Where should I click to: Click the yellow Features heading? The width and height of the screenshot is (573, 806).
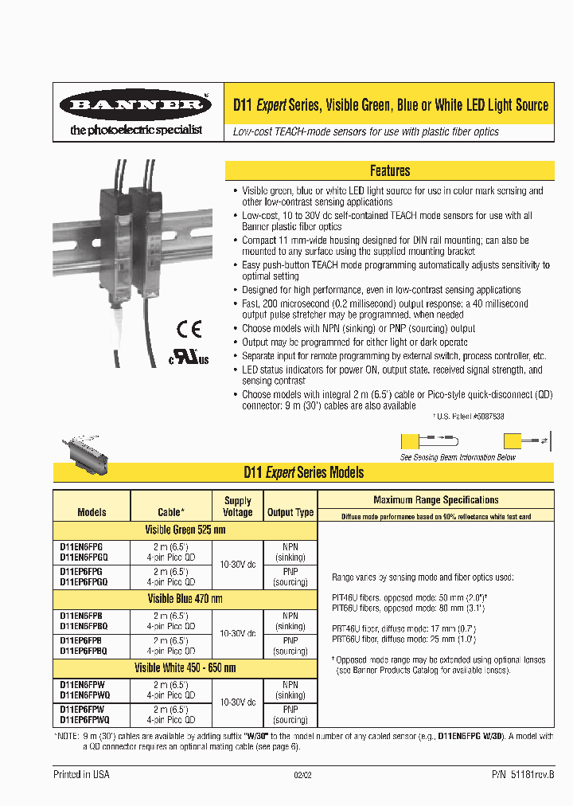click(x=390, y=170)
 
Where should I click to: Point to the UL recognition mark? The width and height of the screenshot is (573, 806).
click(x=188, y=357)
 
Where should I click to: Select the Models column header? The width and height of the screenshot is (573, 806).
click(x=92, y=512)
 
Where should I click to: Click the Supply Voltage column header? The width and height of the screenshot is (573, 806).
click(x=237, y=507)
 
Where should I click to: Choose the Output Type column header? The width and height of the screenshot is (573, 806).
click(x=290, y=512)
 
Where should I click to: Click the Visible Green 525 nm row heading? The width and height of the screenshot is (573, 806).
click(x=185, y=530)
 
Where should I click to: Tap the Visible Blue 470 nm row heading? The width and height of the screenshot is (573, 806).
click(x=185, y=599)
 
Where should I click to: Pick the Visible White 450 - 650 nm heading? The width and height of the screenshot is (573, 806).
click(x=185, y=667)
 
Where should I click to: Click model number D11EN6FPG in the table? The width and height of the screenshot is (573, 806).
click(x=80, y=546)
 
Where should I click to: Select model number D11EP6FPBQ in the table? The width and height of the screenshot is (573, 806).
click(x=84, y=651)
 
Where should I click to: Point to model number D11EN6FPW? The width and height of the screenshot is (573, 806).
click(x=82, y=684)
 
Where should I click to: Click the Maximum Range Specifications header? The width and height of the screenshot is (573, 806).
click(x=436, y=500)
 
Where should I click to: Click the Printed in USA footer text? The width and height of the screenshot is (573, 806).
click(x=81, y=774)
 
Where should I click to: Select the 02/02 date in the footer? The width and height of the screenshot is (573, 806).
click(x=302, y=775)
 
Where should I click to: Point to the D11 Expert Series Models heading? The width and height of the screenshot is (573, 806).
click(x=303, y=472)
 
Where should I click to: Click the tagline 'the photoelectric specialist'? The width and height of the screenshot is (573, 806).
click(x=136, y=129)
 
